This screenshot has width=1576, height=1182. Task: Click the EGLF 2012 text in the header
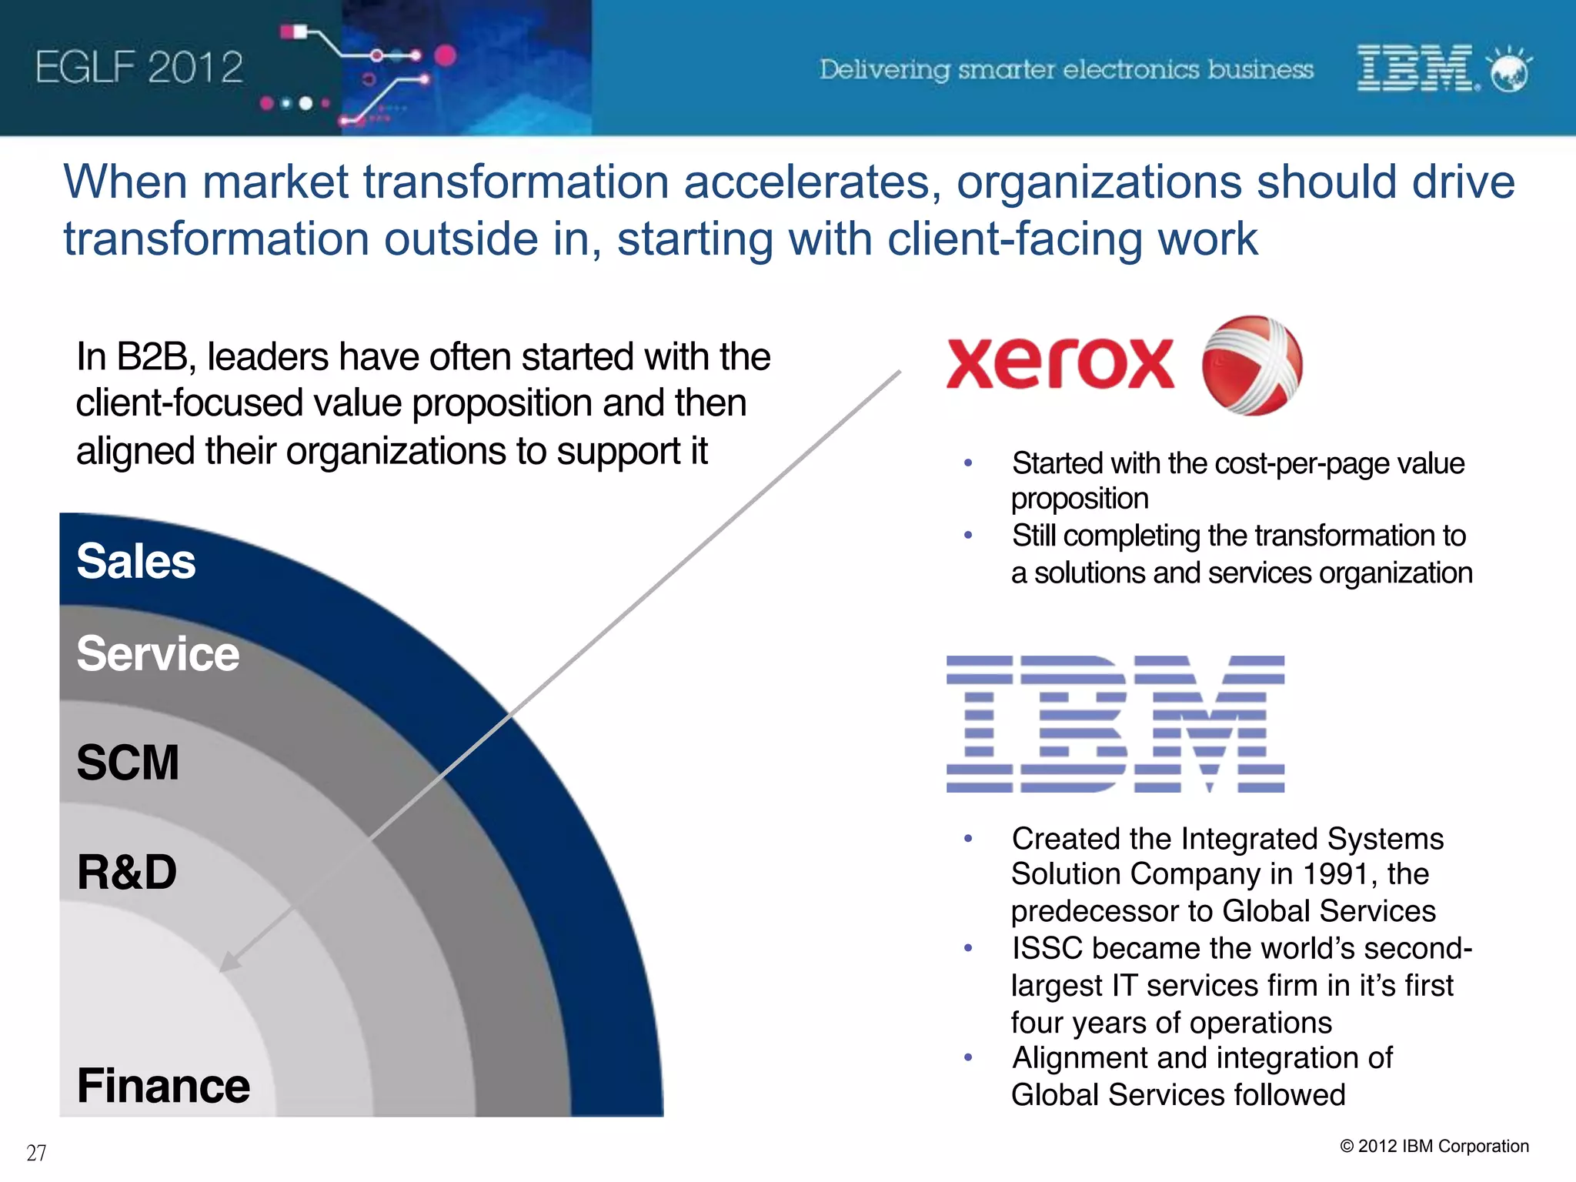(x=139, y=67)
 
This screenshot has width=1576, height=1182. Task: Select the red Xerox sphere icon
(x=1252, y=366)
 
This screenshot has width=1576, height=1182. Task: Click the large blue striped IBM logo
(x=1115, y=723)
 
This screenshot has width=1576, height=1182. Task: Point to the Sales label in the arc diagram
(x=136, y=561)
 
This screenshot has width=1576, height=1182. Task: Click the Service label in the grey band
(x=158, y=654)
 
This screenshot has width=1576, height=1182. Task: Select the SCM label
(x=128, y=763)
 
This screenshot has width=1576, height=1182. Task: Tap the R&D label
(x=127, y=872)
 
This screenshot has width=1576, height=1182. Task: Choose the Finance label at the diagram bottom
(x=163, y=1086)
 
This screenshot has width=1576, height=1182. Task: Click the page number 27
(x=36, y=1153)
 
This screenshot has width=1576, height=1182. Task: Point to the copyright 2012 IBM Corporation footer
(x=1434, y=1146)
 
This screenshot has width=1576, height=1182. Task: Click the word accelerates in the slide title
(x=812, y=182)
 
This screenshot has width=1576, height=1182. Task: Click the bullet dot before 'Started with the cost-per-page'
(x=968, y=463)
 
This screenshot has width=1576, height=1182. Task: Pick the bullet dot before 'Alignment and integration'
(x=968, y=1058)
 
